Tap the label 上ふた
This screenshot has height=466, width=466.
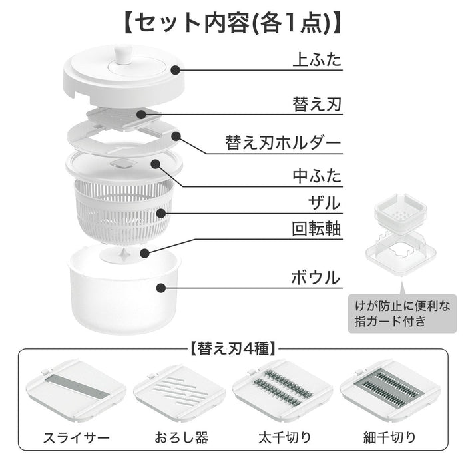pos(317,60)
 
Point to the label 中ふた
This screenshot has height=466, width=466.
pos(317,176)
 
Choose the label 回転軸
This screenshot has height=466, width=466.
pos(317,230)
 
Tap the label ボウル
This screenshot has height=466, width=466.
pos(317,276)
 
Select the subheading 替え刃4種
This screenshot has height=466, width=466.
pos(233,347)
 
